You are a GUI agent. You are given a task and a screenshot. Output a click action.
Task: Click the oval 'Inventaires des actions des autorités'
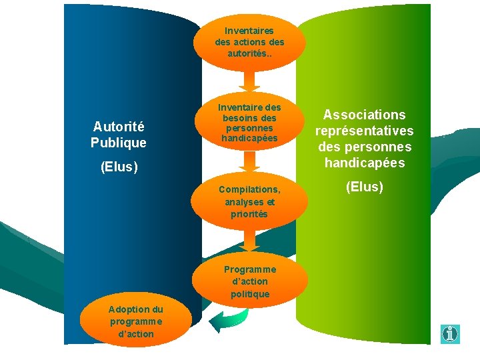pos(249,41)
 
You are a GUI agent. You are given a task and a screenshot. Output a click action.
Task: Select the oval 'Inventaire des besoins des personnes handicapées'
pos(249,122)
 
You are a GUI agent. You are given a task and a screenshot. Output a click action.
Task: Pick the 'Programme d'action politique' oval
pos(249,281)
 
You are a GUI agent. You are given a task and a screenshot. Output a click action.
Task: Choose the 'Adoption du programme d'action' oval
pos(136,321)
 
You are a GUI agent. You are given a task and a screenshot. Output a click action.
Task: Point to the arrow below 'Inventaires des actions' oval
pos(249,80)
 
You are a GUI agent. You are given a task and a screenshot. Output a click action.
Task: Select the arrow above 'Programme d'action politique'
pos(249,240)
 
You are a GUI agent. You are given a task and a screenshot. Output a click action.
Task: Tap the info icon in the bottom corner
pos(451,333)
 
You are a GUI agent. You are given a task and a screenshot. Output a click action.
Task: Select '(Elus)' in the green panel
pos(364,187)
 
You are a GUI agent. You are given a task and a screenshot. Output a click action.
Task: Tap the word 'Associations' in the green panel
pos(364,115)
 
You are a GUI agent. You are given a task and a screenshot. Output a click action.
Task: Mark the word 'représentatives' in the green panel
pos(364,131)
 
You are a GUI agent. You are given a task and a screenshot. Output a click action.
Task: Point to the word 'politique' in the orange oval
pos(249,294)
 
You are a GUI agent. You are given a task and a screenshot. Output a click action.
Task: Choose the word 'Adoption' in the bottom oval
pos(135,309)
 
